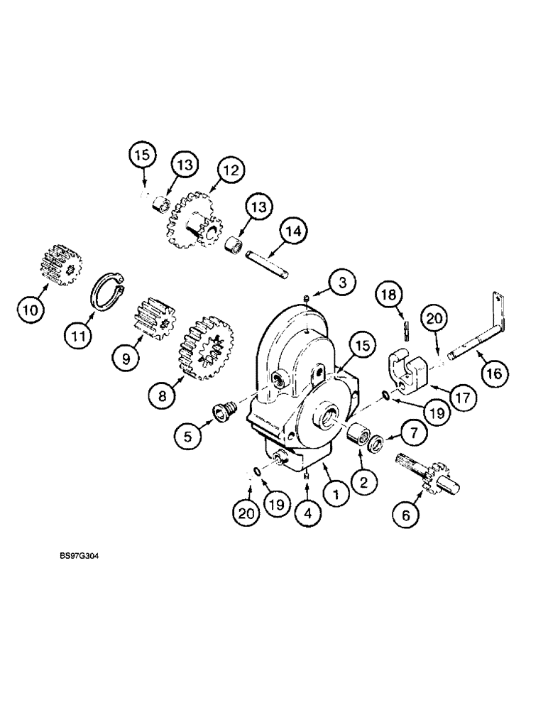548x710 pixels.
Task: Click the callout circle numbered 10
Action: (x=31, y=310)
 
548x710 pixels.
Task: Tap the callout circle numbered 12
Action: (x=231, y=170)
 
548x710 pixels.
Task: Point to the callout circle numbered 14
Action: (x=295, y=231)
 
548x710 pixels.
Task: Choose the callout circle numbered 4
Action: (x=306, y=513)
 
